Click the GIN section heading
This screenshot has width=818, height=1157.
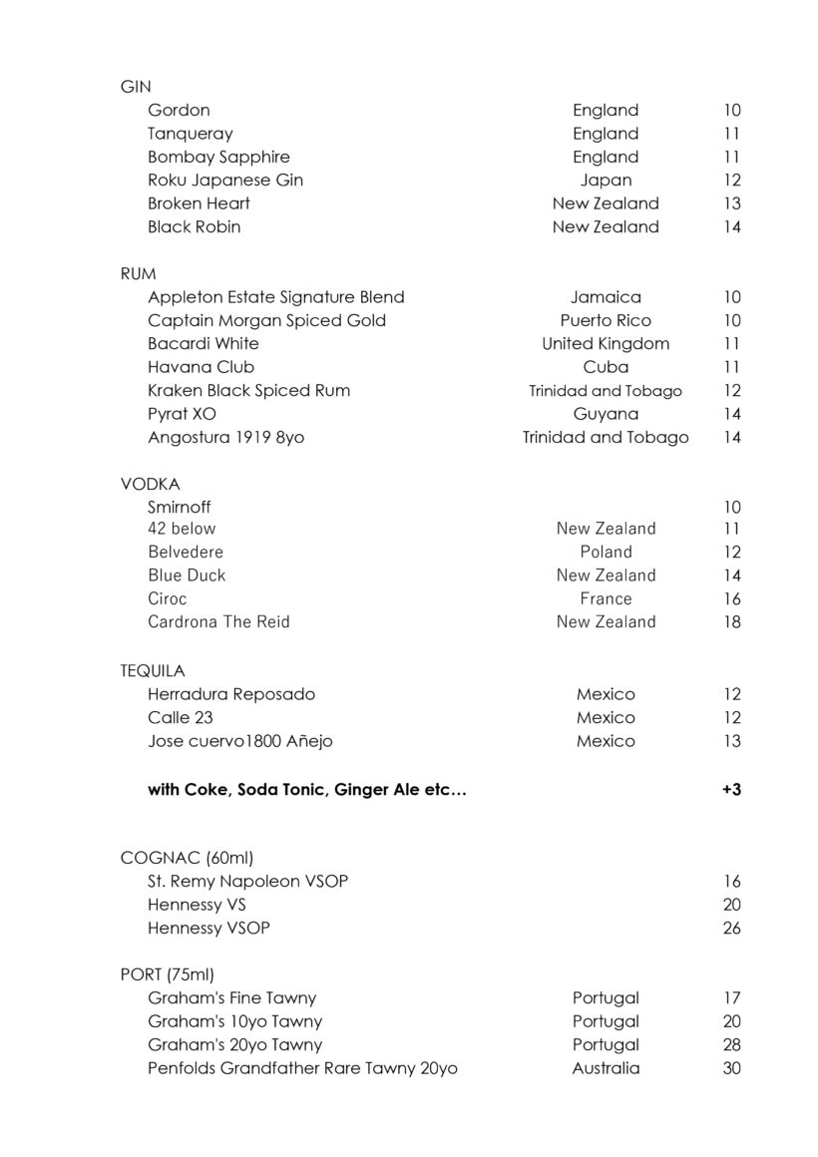136,87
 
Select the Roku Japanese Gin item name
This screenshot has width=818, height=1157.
225,181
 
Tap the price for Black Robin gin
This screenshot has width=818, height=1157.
732,227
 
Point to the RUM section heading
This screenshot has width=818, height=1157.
139,273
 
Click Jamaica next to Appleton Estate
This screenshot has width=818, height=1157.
606,297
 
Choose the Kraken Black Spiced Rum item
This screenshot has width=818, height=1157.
249,391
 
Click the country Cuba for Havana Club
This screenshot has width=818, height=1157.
606,367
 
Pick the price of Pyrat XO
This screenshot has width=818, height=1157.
732,414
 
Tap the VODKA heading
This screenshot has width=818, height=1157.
151,484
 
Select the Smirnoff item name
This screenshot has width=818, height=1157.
180,507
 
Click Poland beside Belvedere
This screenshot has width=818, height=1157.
606,552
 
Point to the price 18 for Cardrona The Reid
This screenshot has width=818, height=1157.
732,622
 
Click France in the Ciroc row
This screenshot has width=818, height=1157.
606,598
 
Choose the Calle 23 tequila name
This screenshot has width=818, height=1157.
181,718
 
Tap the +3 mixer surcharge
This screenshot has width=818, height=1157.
731,790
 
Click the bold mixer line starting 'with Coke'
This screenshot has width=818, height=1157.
307,790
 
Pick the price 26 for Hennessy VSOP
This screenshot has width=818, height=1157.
732,929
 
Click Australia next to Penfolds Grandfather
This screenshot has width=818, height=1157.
606,1069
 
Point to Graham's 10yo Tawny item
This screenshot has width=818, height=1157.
235,1022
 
